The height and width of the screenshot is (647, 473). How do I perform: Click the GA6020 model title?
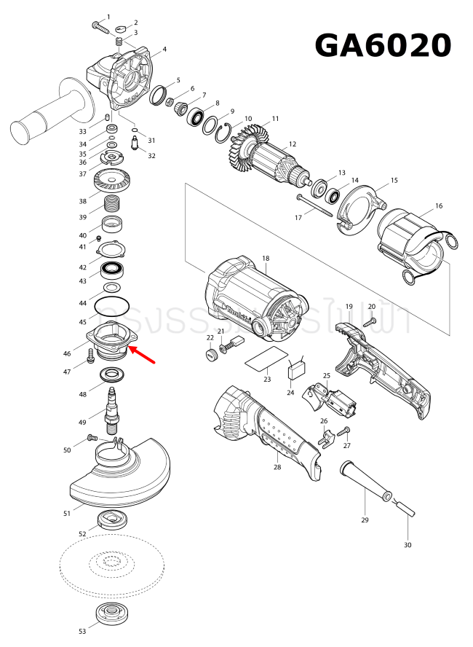coord(383,46)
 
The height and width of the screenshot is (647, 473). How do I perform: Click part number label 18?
coord(266,259)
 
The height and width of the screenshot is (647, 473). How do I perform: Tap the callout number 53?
coord(82,631)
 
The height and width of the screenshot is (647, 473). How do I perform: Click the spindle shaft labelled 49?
coord(113,408)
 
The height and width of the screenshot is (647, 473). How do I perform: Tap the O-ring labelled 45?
coord(112,306)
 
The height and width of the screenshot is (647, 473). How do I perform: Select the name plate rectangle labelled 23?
coord(266,360)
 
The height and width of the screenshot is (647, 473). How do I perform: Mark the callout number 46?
coord(67,353)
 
